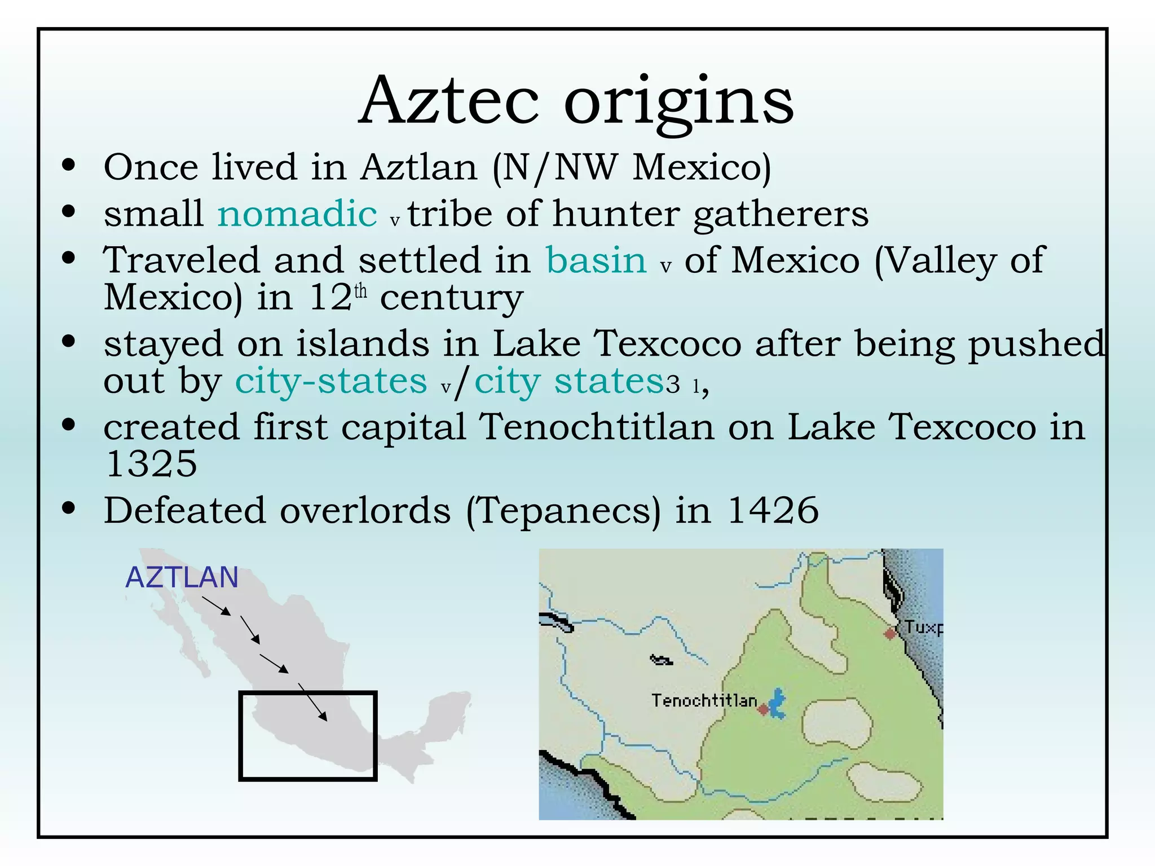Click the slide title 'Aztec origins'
click(x=576, y=101)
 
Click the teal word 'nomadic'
click(x=297, y=214)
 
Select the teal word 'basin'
click(x=596, y=260)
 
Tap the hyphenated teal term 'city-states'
click(x=331, y=382)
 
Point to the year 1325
click(x=151, y=464)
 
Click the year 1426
click(x=773, y=510)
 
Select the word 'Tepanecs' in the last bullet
click(x=563, y=511)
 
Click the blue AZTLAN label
click(x=182, y=577)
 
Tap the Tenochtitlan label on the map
click(x=704, y=700)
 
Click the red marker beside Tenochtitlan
click(x=763, y=709)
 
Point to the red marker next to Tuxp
click(x=890, y=633)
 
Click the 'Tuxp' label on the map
click(x=923, y=627)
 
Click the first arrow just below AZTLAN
click(x=217, y=606)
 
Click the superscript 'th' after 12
click(x=360, y=291)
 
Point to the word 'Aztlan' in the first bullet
click(x=419, y=167)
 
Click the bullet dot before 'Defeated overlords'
click(x=69, y=509)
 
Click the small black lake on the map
click(x=661, y=660)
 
